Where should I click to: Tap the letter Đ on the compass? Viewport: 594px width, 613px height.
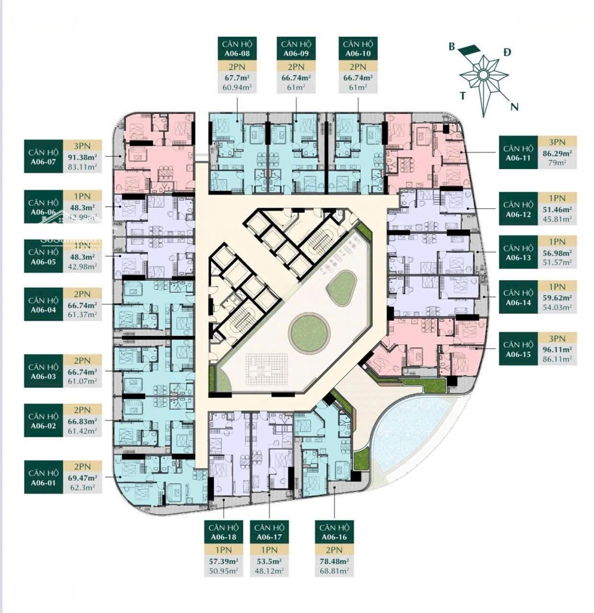click(x=507, y=52)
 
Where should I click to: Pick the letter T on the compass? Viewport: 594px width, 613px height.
click(x=464, y=95)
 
